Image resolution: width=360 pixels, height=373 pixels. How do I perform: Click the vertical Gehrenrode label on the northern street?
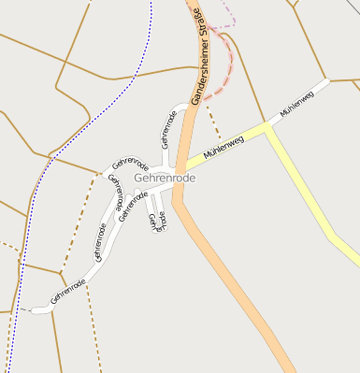point(168,129)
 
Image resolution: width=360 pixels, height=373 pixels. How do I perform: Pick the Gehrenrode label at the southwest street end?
point(68,290)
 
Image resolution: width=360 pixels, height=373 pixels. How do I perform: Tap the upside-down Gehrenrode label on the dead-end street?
point(156,221)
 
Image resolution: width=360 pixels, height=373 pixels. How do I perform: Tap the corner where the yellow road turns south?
point(270,131)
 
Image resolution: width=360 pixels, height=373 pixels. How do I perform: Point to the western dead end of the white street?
point(36,309)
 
